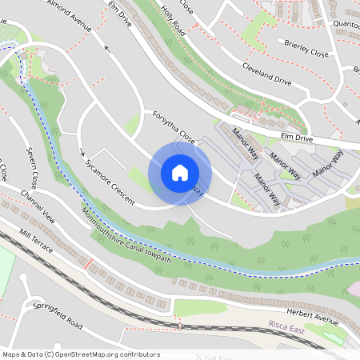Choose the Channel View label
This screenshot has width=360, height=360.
pyautogui.click(x=38, y=206)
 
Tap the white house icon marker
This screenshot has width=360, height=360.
pyautogui.click(x=180, y=173)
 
